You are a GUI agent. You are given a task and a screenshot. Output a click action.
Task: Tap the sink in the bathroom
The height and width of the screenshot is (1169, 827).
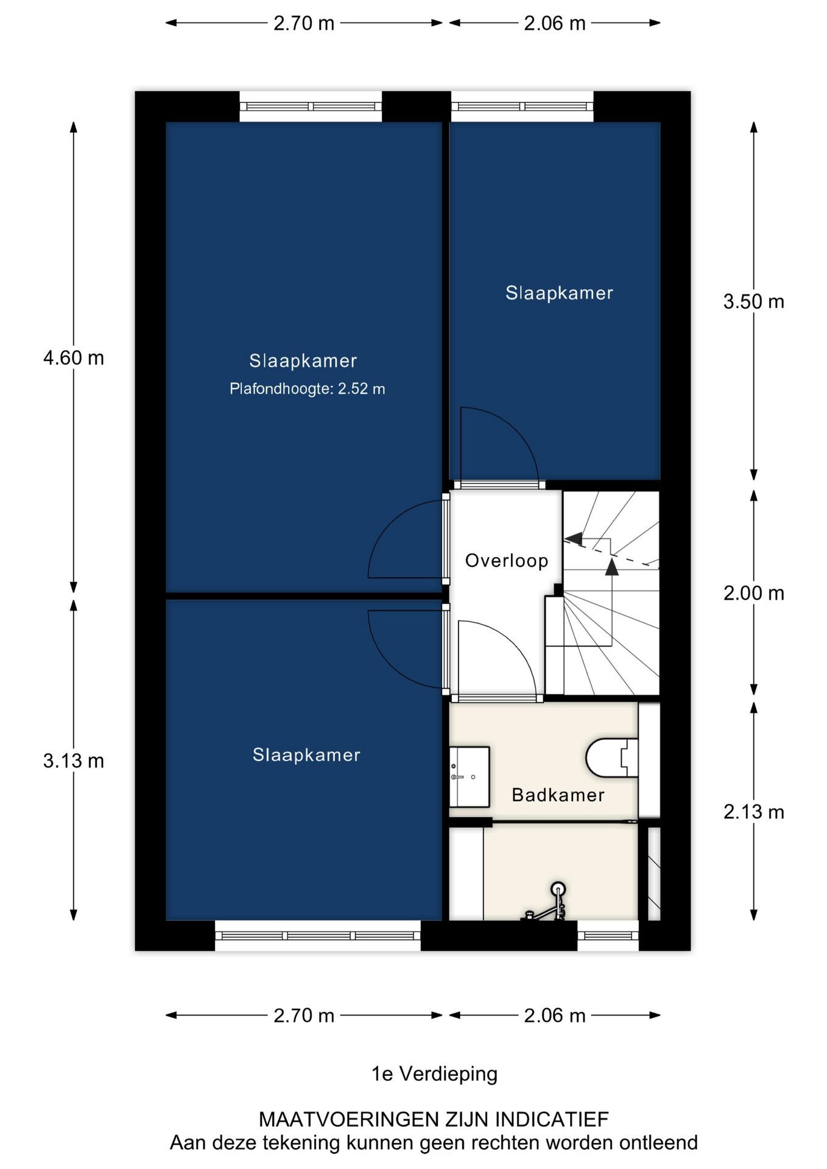tap(470, 776)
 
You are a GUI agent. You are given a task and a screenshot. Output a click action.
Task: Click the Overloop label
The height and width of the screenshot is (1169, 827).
tap(507, 561)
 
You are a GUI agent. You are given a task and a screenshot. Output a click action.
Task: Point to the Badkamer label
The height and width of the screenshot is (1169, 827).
tap(558, 795)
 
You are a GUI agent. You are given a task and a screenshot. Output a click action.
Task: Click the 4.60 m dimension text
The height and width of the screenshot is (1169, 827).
tap(74, 358)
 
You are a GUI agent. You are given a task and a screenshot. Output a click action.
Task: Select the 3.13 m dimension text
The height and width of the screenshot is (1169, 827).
tap(74, 761)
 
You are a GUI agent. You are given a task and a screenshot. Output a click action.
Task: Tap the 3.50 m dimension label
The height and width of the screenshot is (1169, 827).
tap(753, 302)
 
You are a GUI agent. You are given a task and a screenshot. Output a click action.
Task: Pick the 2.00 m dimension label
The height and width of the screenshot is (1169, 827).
tap(753, 593)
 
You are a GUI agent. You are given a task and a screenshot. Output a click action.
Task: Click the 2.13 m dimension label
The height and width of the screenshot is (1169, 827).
tap(753, 812)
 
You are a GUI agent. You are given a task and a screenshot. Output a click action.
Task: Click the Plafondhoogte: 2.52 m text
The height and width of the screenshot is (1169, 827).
tap(307, 389)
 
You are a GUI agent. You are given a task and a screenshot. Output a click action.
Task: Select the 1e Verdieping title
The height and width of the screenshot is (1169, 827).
tap(434, 1073)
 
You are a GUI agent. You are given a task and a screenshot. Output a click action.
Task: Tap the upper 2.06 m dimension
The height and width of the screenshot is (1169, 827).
tap(554, 24)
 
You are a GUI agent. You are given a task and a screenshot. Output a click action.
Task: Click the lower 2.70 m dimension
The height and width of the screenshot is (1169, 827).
tap(303, 1016)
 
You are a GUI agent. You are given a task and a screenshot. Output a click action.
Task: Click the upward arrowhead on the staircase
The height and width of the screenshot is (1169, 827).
tap(612, 568)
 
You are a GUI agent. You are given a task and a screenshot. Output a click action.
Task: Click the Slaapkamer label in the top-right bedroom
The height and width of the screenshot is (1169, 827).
tap(559, 293)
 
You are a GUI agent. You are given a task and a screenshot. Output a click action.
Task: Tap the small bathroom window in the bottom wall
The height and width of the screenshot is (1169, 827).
tap(608, 936)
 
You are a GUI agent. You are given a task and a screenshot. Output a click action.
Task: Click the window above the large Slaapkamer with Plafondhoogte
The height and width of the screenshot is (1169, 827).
tap(311, 107)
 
